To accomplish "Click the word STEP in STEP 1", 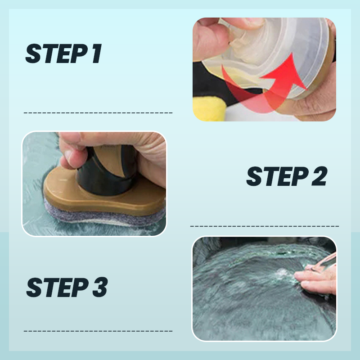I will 53,54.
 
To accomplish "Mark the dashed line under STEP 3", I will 98,331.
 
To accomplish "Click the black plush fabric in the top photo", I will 207,83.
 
